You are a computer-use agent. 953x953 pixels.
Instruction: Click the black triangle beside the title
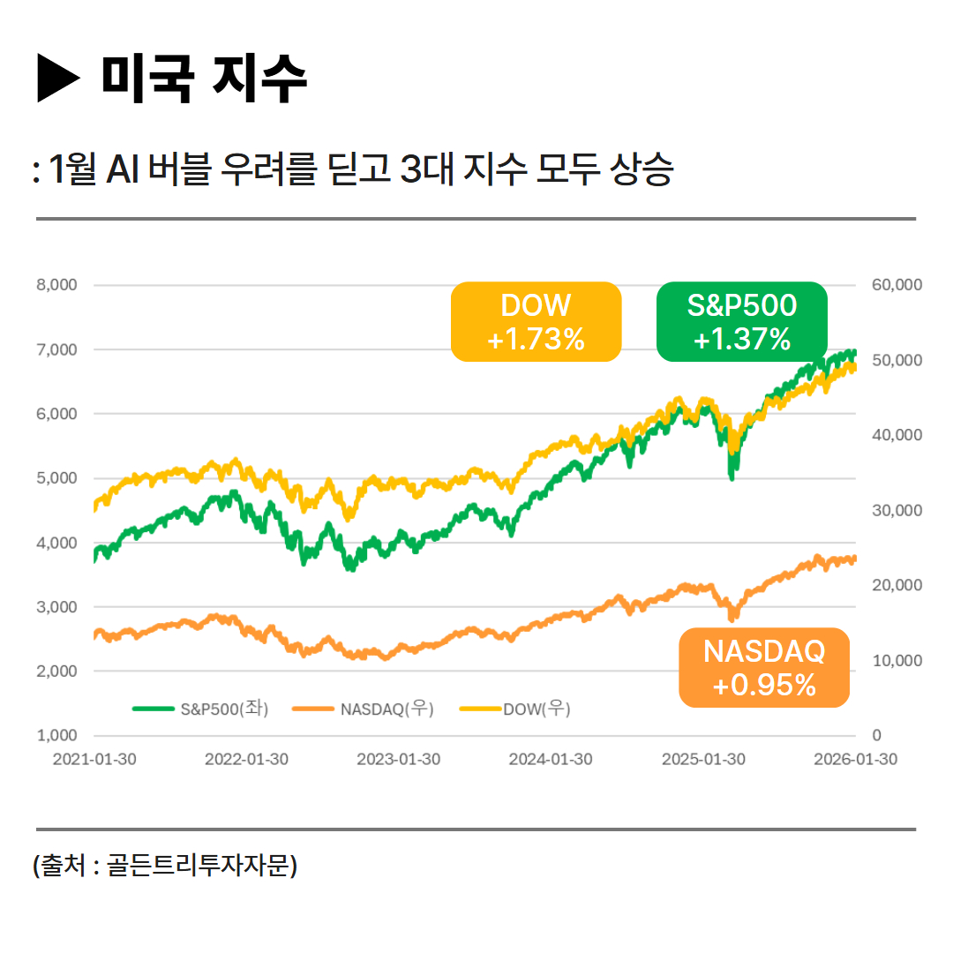[58, 79]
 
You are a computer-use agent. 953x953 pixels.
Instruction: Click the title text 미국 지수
[204, 78]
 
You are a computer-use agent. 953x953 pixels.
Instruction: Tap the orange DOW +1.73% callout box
[536, 321]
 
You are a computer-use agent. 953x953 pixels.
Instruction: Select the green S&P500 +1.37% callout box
[741, 321]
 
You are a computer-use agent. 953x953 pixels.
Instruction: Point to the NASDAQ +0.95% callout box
[763, 668]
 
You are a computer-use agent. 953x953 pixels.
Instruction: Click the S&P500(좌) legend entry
[201, 708]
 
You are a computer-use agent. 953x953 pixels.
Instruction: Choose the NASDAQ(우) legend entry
[364, 708]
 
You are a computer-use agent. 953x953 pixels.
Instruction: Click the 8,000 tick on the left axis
[56, 285]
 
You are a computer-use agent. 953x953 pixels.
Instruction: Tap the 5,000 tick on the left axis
[56, 478]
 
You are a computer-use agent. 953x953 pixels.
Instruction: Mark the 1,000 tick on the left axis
[56, 735]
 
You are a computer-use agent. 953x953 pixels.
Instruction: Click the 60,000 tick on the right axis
[896, 285]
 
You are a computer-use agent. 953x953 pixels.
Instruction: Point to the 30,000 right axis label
[896, 510]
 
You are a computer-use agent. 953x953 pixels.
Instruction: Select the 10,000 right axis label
[896, 660]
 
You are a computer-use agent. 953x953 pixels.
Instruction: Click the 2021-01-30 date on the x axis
[94, 759]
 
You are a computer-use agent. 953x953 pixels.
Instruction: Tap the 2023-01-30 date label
[398, 759]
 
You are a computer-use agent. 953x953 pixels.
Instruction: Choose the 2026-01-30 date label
[854, 759]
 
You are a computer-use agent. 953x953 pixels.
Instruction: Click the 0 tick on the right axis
[875, 735]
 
